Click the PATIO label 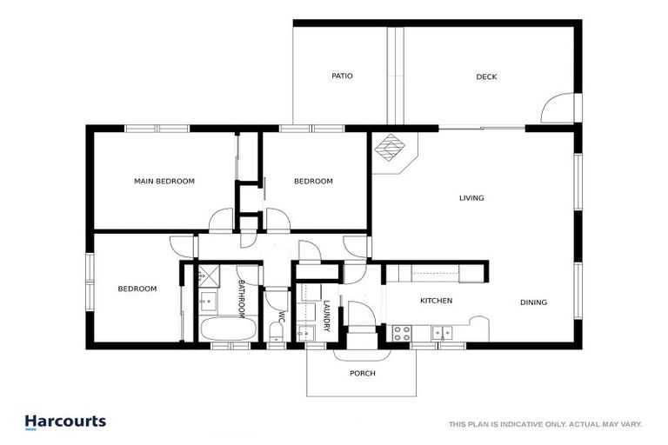click(x=342, y=76)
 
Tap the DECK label click(x=486, y=76)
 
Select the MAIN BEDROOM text click(x=164, y=182)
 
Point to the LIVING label click(x=471, y=198)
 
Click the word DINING click(x=533, y=302)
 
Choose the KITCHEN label click(x=436, y=301)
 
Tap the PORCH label click(x=362, y=374)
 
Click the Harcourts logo click(x=65, y=422)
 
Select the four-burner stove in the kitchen click(x=402, y=331)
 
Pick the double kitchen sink click(x=443, y=331)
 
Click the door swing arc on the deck click(x=557, y=108)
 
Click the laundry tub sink click(x=304, y=332)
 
